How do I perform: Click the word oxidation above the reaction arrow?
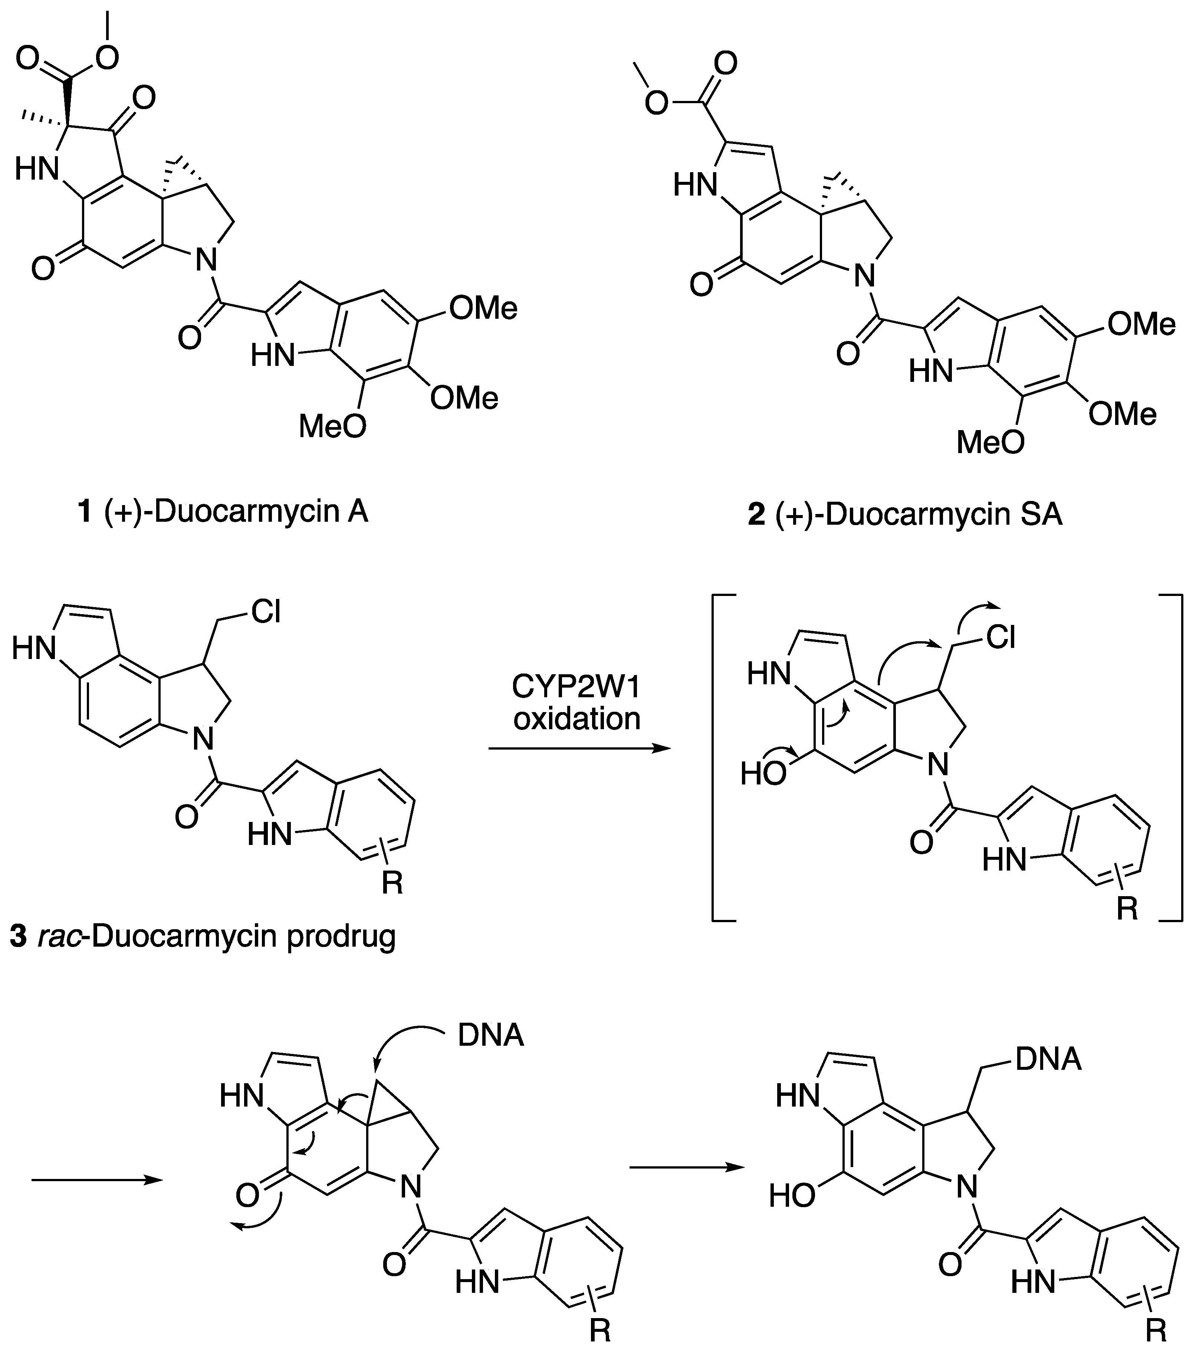pyautogui.click(x=576, y=718)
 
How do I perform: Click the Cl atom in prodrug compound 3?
pyautogui.click(x=266, y=613)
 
